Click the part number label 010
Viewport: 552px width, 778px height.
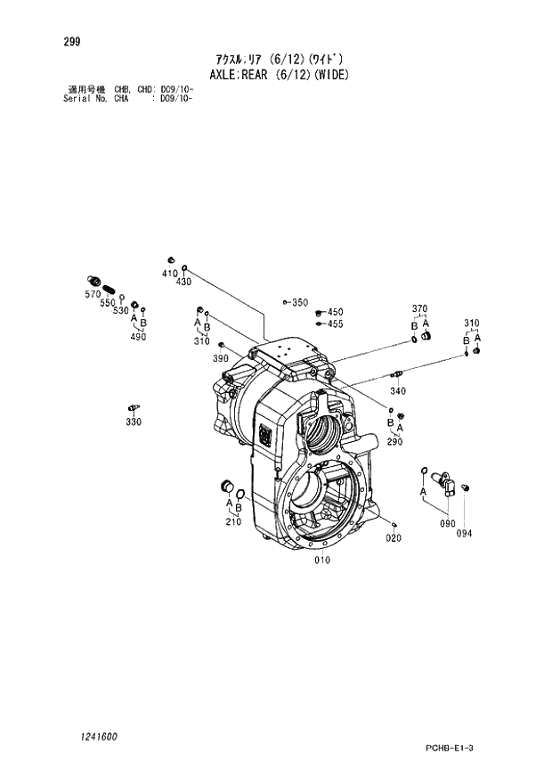[322, 560]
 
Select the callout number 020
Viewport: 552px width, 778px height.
[393, 537]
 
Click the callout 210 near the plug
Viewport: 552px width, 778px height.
[233, 521]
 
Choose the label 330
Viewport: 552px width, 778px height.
[133, 422]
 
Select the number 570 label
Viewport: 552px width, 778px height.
[93, 293]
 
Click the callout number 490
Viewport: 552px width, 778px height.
[137, 337]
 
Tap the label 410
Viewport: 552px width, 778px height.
[169, 273]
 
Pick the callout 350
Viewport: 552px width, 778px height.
[299, 303]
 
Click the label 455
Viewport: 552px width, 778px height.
[335, 324]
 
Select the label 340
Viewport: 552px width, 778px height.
[398, 390]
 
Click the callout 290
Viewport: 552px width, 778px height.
[394, 441]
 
